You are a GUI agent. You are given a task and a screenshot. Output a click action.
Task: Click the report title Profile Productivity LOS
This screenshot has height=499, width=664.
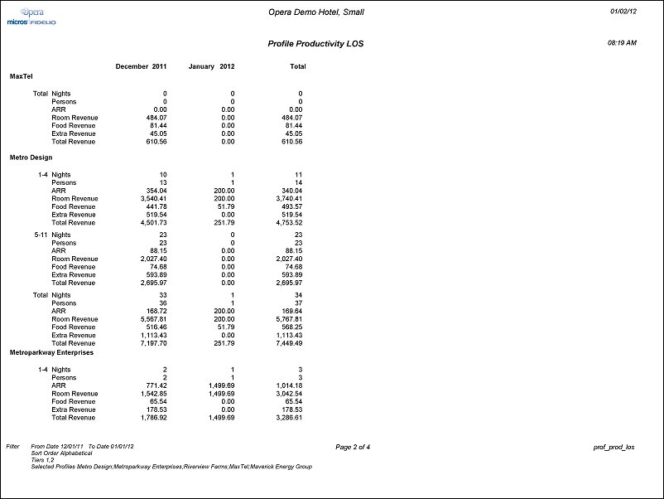(x=315, y=42)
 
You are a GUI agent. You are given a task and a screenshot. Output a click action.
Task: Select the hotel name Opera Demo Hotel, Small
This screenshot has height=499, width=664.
(x=316, y=12)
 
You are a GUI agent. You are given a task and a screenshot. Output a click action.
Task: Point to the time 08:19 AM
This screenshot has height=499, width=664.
(x=622, y=41)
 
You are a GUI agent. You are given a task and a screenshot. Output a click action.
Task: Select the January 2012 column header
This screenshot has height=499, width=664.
(x=212, y=66)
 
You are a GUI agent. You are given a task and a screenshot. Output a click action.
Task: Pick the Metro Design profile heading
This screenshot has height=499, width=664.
(x=31, y=157)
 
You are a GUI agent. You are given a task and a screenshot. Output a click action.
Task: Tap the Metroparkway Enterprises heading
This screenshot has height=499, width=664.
(x=51, y=352)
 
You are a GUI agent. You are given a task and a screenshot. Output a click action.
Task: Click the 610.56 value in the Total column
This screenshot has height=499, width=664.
(x=291, y=141)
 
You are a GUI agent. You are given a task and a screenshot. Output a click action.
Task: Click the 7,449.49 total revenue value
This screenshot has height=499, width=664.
(x=287, y=343)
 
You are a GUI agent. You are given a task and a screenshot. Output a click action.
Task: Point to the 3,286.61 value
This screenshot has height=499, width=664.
(x=287, y=418)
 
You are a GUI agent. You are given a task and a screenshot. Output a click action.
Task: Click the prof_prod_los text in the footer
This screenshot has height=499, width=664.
(x=613, y=447)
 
